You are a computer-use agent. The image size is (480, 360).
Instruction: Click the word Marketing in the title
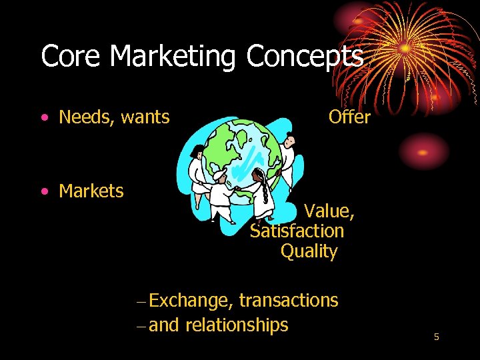(x=173, y=57)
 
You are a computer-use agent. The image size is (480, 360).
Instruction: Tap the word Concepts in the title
(x=305, y=57)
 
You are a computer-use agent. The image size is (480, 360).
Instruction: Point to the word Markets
(x=91, y=191)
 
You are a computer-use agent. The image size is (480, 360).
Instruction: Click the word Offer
(x=349, y=117)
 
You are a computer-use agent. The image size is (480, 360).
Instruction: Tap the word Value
(x=328, y=212)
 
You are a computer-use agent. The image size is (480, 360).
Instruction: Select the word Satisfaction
(x=297, y=231)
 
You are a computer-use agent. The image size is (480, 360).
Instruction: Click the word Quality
(x=309, y=252)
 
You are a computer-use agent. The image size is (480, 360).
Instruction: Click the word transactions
(x=288, y=301)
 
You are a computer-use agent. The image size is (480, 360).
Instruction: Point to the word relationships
(x=237, y=325)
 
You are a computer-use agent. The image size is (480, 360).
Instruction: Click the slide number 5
(x=436, y=337)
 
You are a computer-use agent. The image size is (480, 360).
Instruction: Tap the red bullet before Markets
(x=43, y=192)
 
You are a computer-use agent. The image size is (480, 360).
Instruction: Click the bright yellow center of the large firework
(x=405, y=48)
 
